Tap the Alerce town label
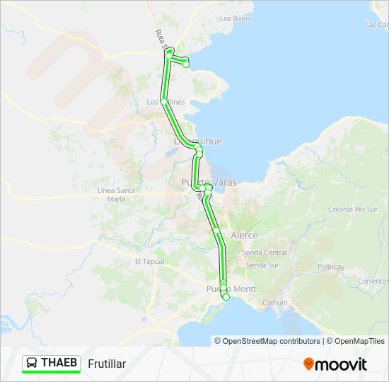pos(244,235)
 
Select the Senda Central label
pos(265,253)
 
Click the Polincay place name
pos(331,267)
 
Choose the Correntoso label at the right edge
pos(373,281)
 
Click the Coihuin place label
pos(274,303)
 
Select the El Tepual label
pos(149,261)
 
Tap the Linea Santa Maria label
pos(116,195)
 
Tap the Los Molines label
pos(166,102)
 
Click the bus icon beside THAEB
pos(32,364)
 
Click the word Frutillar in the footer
pos(108,364)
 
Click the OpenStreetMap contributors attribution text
pos(267,341)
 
